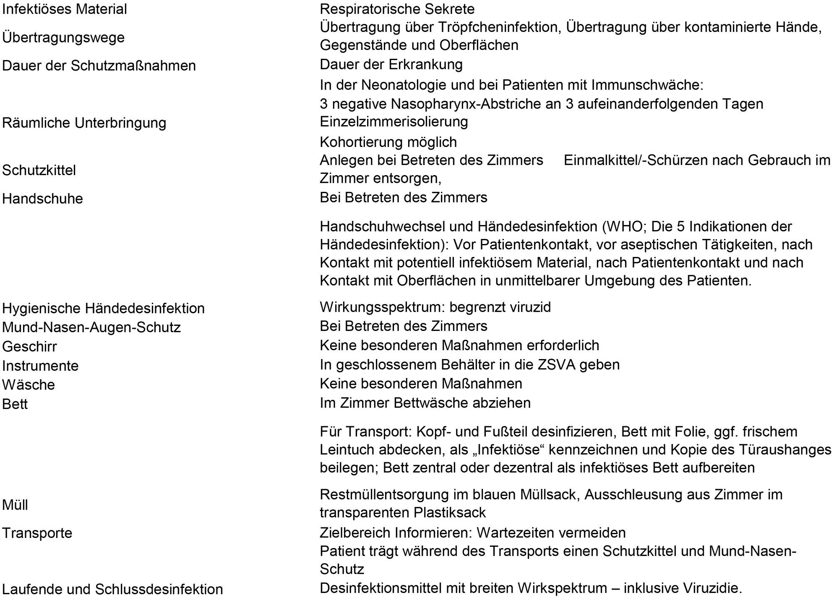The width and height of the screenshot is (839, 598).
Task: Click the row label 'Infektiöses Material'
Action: click(x=65, y=9)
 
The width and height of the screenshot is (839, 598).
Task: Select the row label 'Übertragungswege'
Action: click(x=63, y=37)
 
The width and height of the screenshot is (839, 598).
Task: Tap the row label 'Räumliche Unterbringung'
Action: click(x=84, y=123)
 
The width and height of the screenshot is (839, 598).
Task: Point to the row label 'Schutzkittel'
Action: click(x=39, y=170)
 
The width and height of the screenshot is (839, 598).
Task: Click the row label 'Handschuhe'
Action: click(x=43, y=199)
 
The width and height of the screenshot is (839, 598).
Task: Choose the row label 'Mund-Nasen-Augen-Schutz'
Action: click(x=91, y=327)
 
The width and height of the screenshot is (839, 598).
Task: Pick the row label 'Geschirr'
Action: click(x=29, y=346)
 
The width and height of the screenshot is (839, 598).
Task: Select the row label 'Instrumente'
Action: click(x=40, y=366)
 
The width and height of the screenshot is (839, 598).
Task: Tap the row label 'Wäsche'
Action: click(x=29, y=385)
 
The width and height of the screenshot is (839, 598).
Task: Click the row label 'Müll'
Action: click(x=15, y=505)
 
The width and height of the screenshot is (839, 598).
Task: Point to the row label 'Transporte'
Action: click(x=37, y=533)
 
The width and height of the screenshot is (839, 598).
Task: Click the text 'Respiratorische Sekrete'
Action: click(x=397, y=9)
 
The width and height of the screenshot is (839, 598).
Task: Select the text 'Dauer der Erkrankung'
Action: click(x=391, y=65)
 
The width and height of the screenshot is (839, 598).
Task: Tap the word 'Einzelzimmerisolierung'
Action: click(x=394, y=122)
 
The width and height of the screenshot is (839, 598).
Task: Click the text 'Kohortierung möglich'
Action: click(x=388, y=142)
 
